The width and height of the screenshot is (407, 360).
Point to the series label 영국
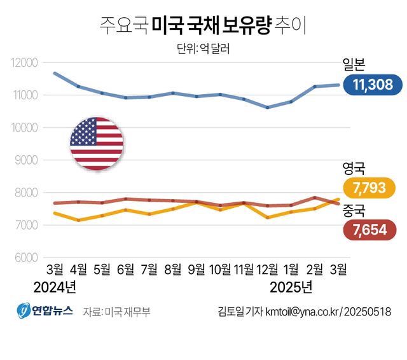(x=354, y=168)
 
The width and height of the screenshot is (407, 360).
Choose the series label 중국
(x=354, y=209)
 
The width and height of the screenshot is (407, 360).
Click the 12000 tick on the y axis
(x=25, y=62)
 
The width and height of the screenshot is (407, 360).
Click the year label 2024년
(x=55, y=287)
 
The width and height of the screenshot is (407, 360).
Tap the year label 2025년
(x=291, y=287)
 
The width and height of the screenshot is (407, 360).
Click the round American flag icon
(x=96, y=144)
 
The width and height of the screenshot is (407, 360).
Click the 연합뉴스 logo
(x=45, y=311)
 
